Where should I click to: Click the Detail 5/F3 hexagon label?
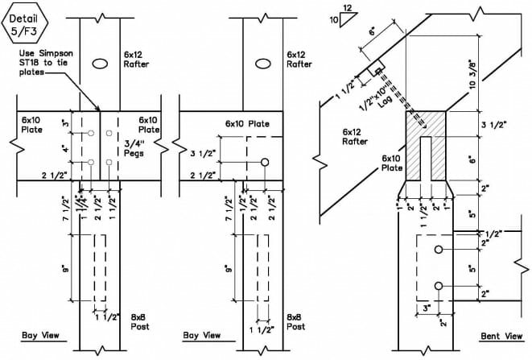(25, 24)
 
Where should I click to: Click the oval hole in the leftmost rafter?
(100, 64)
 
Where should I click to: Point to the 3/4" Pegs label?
(134, 149)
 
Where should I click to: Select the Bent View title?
(501, 336)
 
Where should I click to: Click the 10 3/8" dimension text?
(472, 75)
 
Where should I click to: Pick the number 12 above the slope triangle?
(348, 7)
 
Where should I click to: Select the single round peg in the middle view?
(265, 163)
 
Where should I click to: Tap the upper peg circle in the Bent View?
(439, 250)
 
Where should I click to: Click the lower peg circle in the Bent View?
(439, 286)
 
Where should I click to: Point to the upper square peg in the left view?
(109, 133)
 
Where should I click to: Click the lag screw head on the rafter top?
(377, 71)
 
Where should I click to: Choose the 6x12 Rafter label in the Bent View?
(355, 137)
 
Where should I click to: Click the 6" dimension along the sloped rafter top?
(373, 31)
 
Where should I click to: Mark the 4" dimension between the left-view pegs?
(66, 148)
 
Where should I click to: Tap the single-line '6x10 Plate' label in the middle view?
(247, 124)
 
